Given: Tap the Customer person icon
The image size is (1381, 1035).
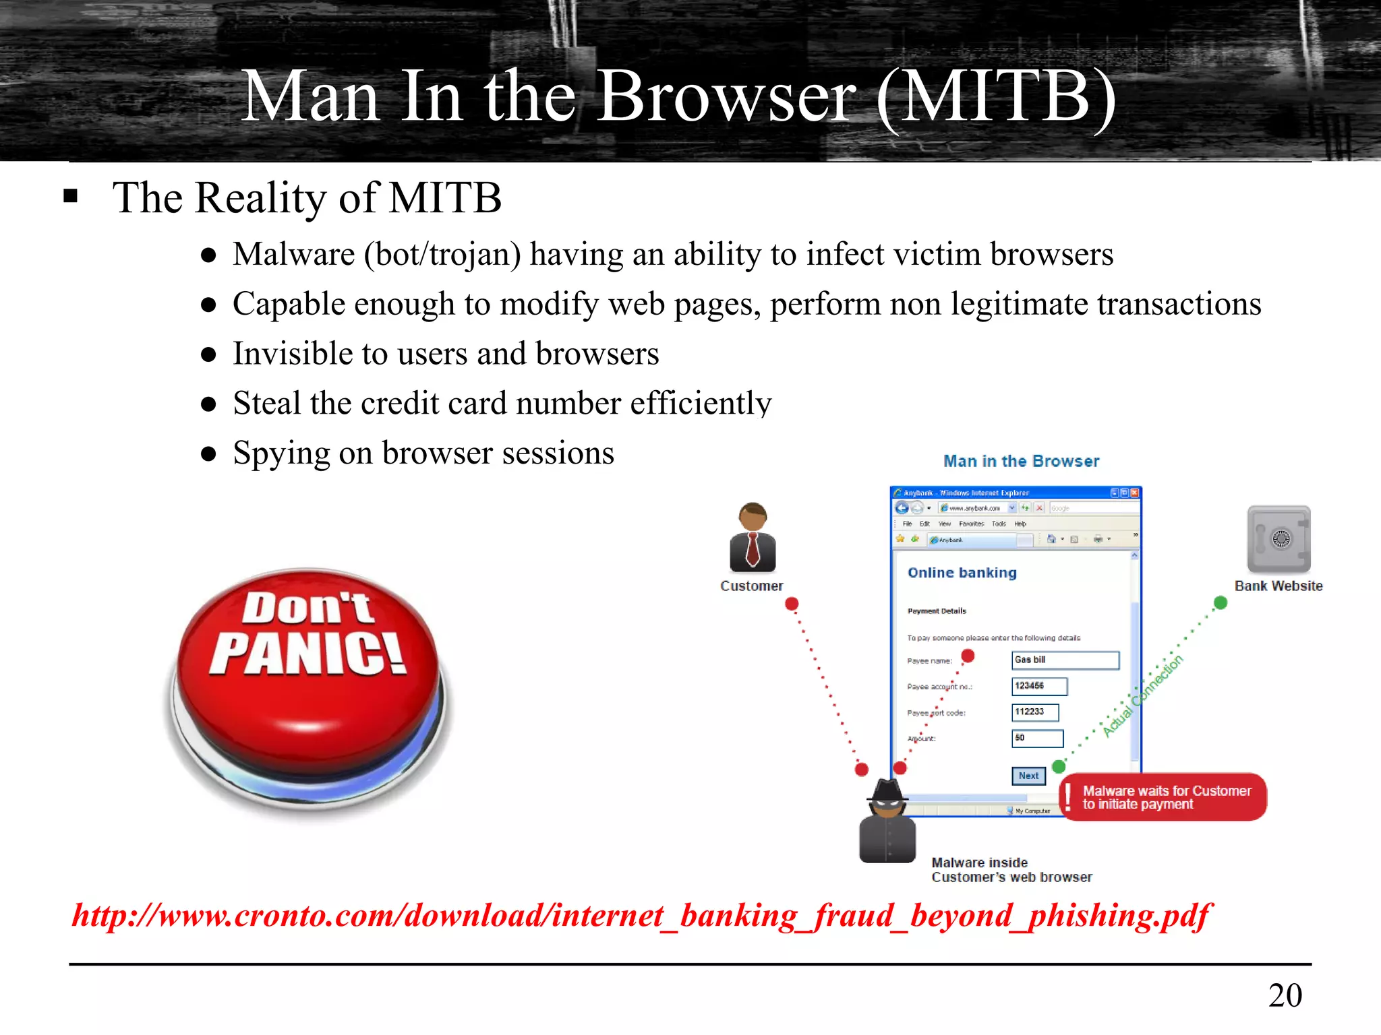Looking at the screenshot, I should click(x=753, y=538).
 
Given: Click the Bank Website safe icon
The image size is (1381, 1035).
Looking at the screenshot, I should click(x=1279, y=539).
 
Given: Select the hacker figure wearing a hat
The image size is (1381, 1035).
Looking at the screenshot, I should click(x=887, y=821).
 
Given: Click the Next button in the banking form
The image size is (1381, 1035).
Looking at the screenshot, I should click(x=1028, y=776).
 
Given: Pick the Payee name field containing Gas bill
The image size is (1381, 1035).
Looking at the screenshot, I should click(x=1065, y=660).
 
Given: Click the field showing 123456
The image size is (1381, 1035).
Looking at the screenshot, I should click(x=1039, y=686).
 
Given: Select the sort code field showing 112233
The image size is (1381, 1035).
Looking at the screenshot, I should click(x=1035, y=712).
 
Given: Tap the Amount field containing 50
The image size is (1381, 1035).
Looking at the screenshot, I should click(x=1037, y=739).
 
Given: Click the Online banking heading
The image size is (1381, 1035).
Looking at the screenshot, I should click(x=962, y=573).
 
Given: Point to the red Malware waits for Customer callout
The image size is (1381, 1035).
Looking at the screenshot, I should click(x=1165, y=797).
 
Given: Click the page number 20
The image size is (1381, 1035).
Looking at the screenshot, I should click(x=1285, y=995).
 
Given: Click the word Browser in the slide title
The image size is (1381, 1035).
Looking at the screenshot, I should click(x=726, y=97).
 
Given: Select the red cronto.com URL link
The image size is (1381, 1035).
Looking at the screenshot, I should click(x=641, y=916).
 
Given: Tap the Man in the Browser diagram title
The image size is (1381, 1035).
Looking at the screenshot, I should click(x=1021, y=462).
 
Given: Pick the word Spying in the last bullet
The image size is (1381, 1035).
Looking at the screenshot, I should click(x=281, y=453).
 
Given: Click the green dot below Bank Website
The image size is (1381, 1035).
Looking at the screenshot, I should click(x=1221, y=602).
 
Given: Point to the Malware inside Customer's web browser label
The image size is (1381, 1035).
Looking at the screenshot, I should click(x=1011, y=870).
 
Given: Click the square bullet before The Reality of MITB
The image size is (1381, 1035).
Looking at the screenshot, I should click(x=71, y=197).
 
